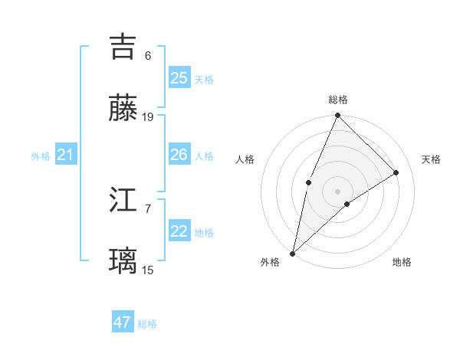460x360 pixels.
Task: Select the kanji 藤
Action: (x=123, y=109)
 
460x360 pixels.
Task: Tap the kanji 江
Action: (x=123, y=201)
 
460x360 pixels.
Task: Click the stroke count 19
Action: (x=148, y=117)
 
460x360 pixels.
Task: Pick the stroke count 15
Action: (x=148, y=270)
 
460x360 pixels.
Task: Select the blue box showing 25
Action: (x=179, y=77)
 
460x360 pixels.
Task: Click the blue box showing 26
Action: (x=179, y=155)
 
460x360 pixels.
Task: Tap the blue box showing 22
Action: (x=179, y=231)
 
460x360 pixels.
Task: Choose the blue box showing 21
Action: (x=66, y=155)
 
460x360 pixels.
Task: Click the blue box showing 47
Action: (x=123, y=322)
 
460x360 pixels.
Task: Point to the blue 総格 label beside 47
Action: (x=147, y=324)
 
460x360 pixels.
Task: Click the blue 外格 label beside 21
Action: (x=41, y=156)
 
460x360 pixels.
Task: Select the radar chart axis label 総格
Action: (x=338, y=100)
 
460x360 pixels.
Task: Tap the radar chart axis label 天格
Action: (x=431, y=159)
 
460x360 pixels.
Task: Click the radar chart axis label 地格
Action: (x=402, y=262)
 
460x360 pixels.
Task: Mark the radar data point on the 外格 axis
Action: (x=292, y=253)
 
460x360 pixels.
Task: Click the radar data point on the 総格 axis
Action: (x=338, y=116)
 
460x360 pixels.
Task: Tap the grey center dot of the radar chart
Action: (x=338, y=191)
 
